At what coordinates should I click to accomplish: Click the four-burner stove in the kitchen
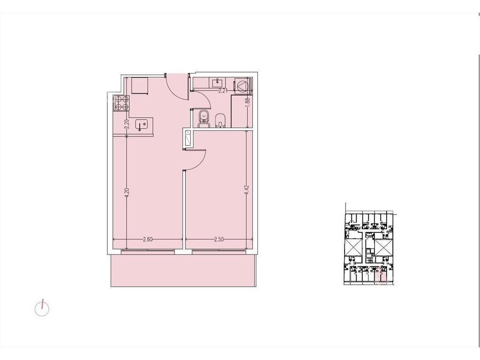pyautogui.click(x=121, y=103)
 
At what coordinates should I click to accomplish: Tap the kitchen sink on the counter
pyautogui.click(x=142, y=125)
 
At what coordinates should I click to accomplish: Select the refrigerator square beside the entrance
pyautogui.click(x=140, y=86)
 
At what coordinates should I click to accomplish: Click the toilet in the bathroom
pyautogui.click(x=203, y=119)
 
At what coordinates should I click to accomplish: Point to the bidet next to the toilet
pyautogui.click(x=220, y=120)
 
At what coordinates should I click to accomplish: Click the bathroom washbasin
pyautogui.click(x=217, y=82)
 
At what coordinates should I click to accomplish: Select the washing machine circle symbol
pyautogui.click(x=242, y=86)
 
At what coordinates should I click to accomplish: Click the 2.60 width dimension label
pyautogui.click(x=148, y=240)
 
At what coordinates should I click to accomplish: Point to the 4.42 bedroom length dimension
pyautogui.click(x=247, y=191)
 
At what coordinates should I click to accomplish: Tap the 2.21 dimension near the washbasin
pyautogui.click(x=223, y=90)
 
